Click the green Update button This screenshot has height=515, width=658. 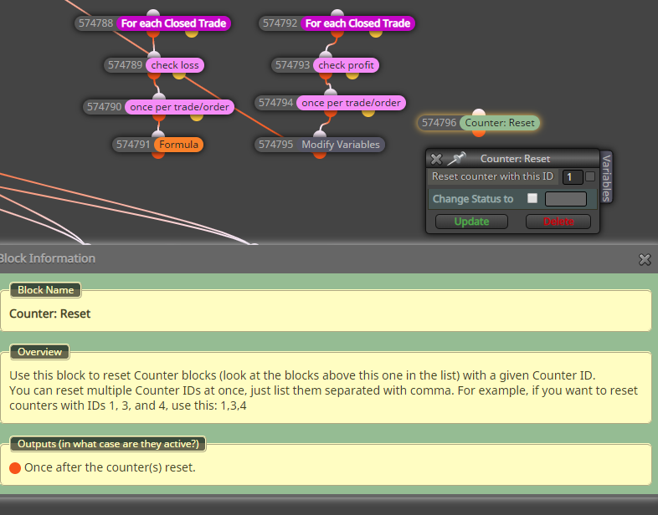(471, 222)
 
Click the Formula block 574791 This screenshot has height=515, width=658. (178, 145)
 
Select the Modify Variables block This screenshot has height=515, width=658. (341, 145)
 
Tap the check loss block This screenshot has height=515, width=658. (175, 65)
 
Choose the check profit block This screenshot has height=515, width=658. (346, 65)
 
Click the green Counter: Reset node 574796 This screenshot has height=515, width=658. (500, 123)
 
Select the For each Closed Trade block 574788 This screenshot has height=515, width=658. (173, 23)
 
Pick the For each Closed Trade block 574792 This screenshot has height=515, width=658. (357, 23)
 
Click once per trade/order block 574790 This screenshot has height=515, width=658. (179, 107)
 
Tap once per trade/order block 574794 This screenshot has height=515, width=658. (351, 103)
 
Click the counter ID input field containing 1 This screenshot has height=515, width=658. (573, 177)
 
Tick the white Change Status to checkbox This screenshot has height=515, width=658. (532, 198)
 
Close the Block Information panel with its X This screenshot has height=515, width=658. (645, 259)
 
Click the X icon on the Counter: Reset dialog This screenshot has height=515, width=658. (436, 159)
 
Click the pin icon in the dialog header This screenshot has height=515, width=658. (456, 158)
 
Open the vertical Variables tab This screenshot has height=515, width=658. (606, 177)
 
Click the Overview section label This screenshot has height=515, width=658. (39, 352)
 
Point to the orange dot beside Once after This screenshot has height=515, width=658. (15, 468)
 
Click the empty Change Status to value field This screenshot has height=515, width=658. (566, 199)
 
